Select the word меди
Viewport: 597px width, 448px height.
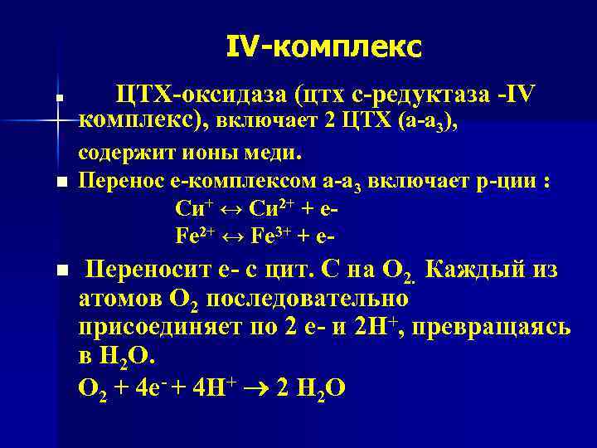(x=277, y=153)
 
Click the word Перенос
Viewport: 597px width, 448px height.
(x=116, y=182)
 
